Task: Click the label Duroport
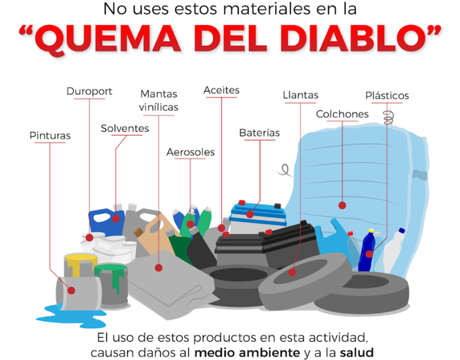[89, 91]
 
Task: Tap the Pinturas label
[50, 136]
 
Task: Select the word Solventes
[125, 129]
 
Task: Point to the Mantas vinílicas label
[159, 101]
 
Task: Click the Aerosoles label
[191, 152]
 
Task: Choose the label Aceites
[221, 90]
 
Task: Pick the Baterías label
[259, 133]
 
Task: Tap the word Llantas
[300, 95]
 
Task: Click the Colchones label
[342, 114]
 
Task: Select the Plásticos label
[387, 96]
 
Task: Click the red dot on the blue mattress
[342, 205]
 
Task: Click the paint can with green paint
[111, 277]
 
